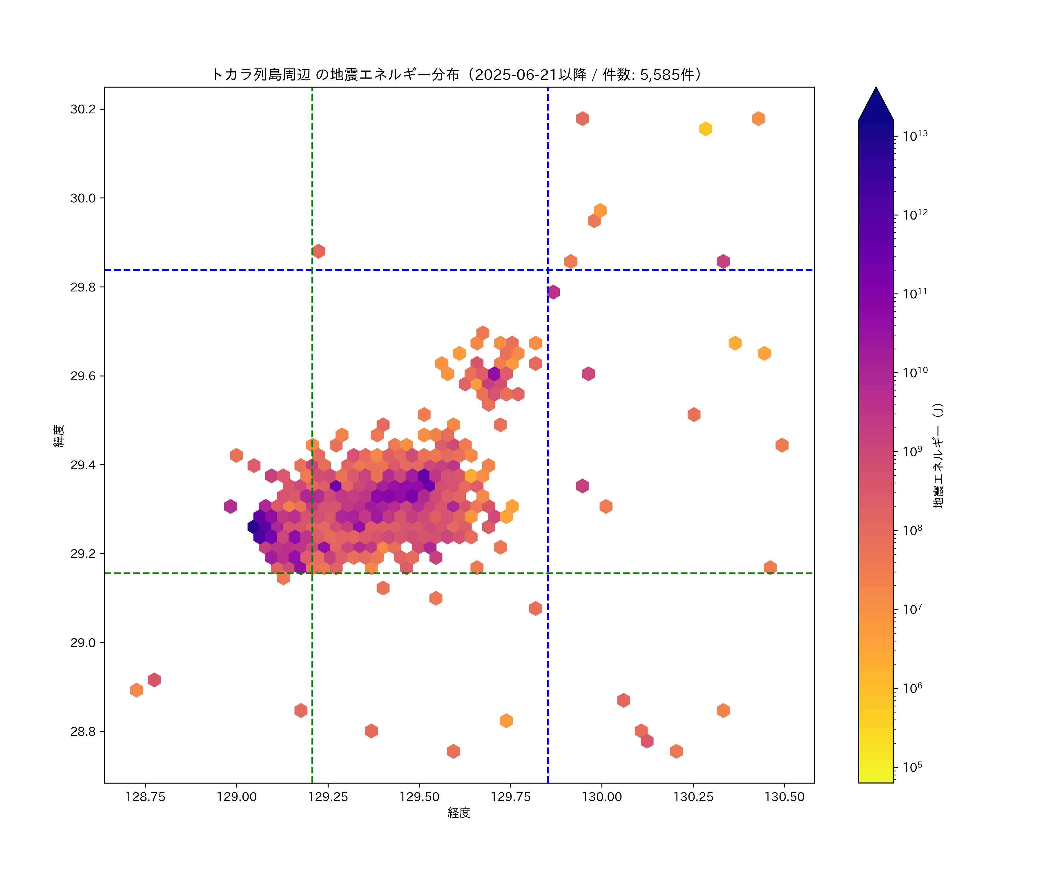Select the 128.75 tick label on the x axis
145,797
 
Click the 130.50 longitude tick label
784,797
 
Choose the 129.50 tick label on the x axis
419,797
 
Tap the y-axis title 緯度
59,436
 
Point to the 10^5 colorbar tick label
913,767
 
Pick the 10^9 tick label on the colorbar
913,451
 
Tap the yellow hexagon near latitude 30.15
706,129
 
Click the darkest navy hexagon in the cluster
253,526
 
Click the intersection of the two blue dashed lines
548,270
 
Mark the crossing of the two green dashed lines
312,573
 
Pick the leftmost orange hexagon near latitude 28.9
137,690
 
